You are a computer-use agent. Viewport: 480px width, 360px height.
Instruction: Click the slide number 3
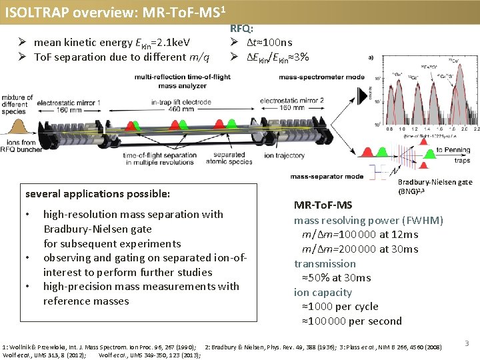point(467,343)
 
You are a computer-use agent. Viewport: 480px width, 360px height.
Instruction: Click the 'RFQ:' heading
point(241,29)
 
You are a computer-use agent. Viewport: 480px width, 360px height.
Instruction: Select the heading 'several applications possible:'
point(97,194)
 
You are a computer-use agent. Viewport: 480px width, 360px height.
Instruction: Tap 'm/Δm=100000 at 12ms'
point(360,235)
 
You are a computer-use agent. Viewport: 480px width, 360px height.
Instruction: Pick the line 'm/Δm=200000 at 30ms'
point(360,249)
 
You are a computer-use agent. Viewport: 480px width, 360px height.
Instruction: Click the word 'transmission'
point(325,263)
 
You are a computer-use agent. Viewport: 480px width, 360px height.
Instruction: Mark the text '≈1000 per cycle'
point(340,307)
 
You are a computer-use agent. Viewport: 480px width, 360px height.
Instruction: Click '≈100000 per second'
point(352,321)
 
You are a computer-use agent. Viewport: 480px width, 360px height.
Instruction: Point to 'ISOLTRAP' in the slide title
point(33,13)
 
